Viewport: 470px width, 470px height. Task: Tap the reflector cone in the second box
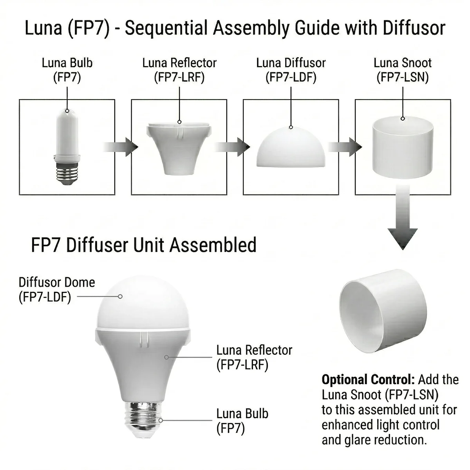coord(179,149)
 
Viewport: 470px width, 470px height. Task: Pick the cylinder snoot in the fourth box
coord(403,151)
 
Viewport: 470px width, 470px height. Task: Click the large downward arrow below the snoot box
coord(403,223)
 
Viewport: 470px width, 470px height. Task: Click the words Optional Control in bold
coord(367,380)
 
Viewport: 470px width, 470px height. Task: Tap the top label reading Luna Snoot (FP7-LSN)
coord(403,70)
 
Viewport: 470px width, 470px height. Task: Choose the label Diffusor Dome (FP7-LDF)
coord(57,289)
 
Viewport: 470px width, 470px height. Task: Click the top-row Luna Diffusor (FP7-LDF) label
coord(291,70)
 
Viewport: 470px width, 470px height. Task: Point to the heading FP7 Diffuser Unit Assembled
coord(144,245)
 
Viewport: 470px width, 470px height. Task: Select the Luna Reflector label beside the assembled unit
coord(254,357)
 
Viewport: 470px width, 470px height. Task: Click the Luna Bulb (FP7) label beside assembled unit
coord(242,421)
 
